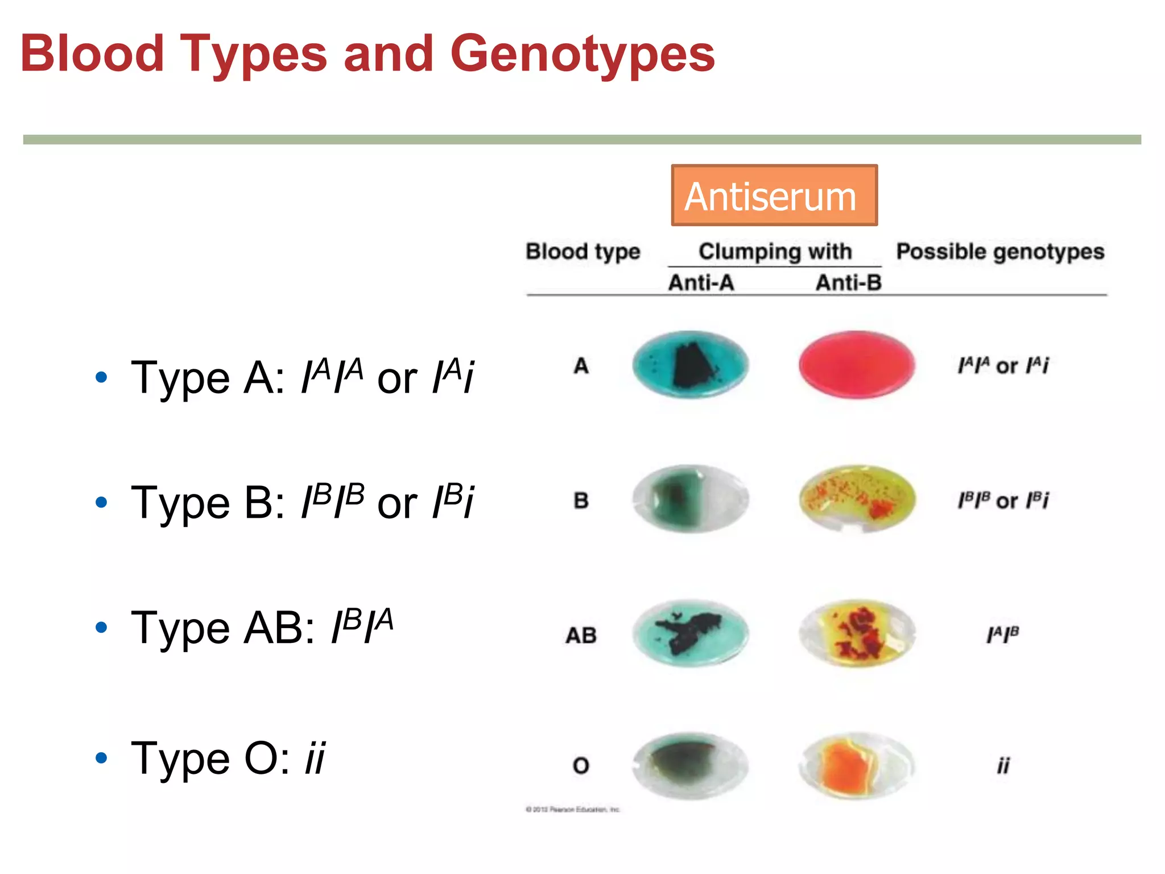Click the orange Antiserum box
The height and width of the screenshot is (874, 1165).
(774, 195)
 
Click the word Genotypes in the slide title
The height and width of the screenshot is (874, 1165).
(582, 54)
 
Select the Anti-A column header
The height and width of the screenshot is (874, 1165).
(701, 282)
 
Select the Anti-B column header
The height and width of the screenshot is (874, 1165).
(848, 282)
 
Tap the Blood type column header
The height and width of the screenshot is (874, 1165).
(582, 252)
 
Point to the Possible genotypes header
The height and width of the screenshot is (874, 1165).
(1000, 252)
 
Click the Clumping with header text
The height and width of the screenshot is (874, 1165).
(775, 252)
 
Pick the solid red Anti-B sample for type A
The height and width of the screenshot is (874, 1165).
(856, 364)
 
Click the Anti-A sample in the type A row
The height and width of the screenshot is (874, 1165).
(690, 364)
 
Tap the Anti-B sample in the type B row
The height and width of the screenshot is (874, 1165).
(857, 498)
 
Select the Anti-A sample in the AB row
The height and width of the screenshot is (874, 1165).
(690, 633)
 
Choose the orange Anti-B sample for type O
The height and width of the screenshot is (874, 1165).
(856, 766)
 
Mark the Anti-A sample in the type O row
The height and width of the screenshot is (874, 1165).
(690, 765)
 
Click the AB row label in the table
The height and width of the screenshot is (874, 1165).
(581, 635)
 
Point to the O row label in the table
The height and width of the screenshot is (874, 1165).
(581, 765)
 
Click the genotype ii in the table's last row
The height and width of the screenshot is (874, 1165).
(1003, 765)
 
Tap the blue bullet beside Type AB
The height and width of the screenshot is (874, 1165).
(102, 628)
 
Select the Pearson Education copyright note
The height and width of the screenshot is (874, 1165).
(572, 809)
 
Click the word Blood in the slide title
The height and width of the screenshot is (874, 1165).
(92, 54)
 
